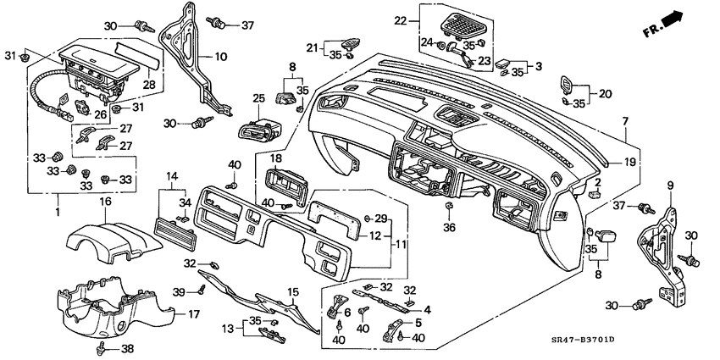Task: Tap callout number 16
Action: [106, 202]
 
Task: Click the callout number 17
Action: [193, 314]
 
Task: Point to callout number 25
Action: [259, 100]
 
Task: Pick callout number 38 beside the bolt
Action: [128, 348]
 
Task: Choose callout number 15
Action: [292, 292]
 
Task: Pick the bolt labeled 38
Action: [102, 346]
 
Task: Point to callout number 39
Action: [177, 291]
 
